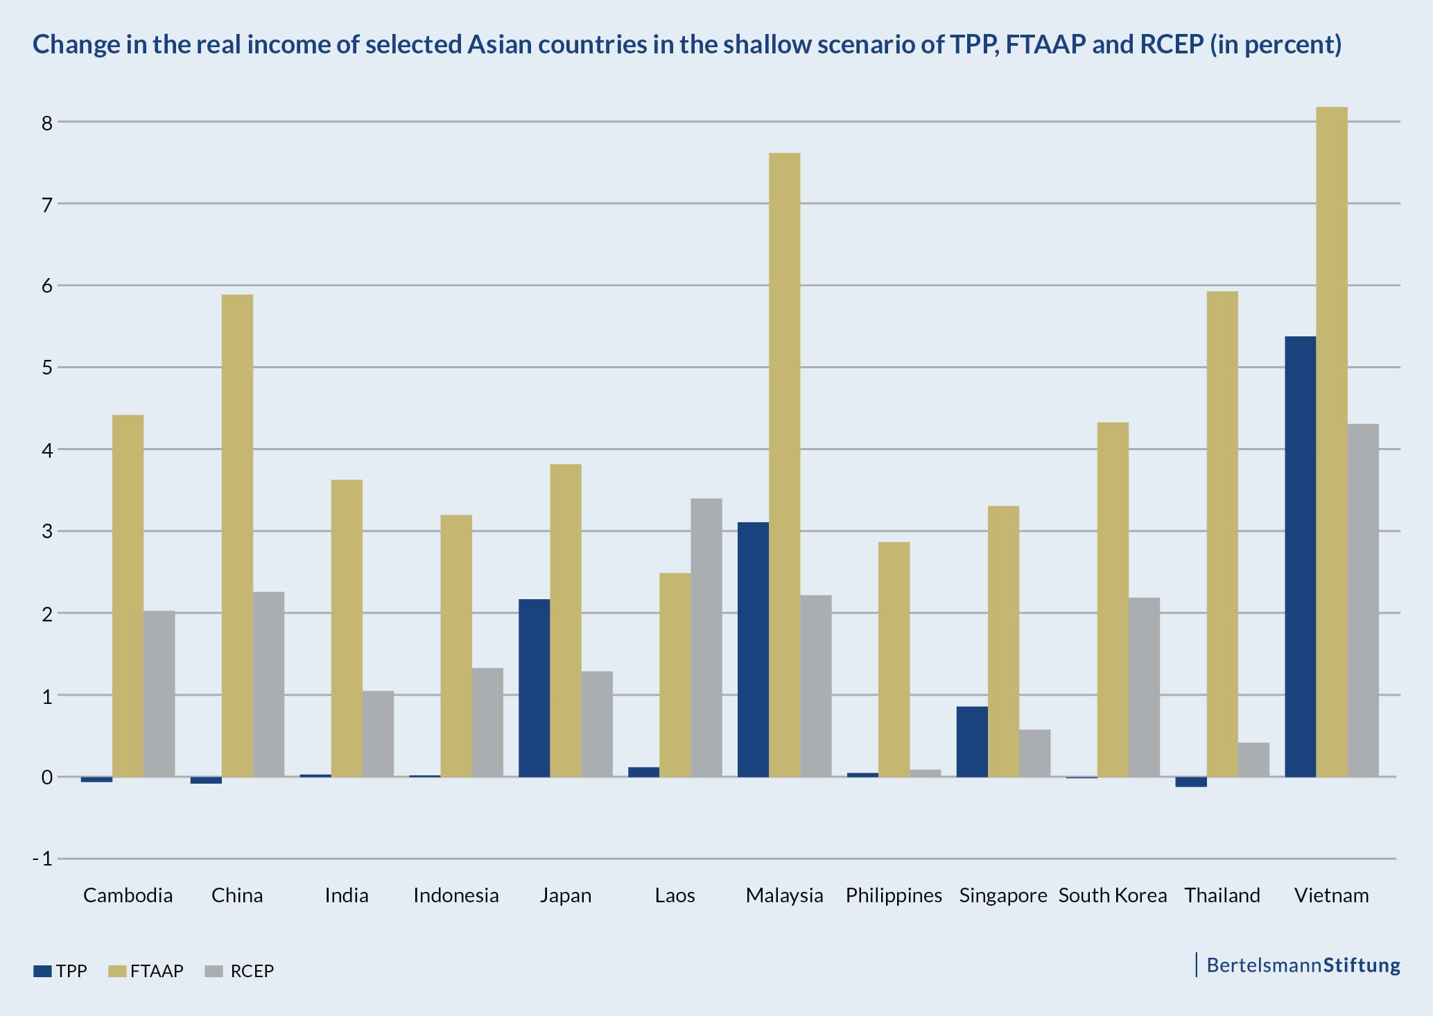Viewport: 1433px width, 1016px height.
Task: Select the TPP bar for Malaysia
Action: point(753,649)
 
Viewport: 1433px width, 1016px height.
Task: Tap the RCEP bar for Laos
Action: point(706,637)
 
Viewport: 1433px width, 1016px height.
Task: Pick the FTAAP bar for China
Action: point(237,535)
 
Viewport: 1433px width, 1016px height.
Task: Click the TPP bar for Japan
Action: point(534,688)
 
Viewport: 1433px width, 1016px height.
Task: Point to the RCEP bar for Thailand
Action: point(1253,759)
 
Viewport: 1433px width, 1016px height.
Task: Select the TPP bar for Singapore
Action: point(972,741)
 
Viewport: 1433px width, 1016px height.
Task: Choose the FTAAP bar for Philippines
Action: point(894,659)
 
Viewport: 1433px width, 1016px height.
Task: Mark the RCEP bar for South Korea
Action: point(1144,687)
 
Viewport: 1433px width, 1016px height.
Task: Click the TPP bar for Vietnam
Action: point(1300,556)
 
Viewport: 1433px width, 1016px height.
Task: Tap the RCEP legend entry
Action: point(240,971)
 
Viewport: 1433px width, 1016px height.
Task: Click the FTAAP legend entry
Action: point(146,971)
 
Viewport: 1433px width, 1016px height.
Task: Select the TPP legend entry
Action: point(60,971)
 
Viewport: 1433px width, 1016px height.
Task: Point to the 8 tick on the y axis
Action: point(47,123)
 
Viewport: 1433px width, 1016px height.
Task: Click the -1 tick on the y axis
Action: point(43,859)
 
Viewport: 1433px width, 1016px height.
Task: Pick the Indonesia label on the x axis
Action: point(455,895)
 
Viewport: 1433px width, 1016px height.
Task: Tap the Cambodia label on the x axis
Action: point(128,895)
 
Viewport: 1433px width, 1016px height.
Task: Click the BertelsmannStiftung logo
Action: point(1303,965)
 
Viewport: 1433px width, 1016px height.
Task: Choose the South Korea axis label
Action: point(1112,895)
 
